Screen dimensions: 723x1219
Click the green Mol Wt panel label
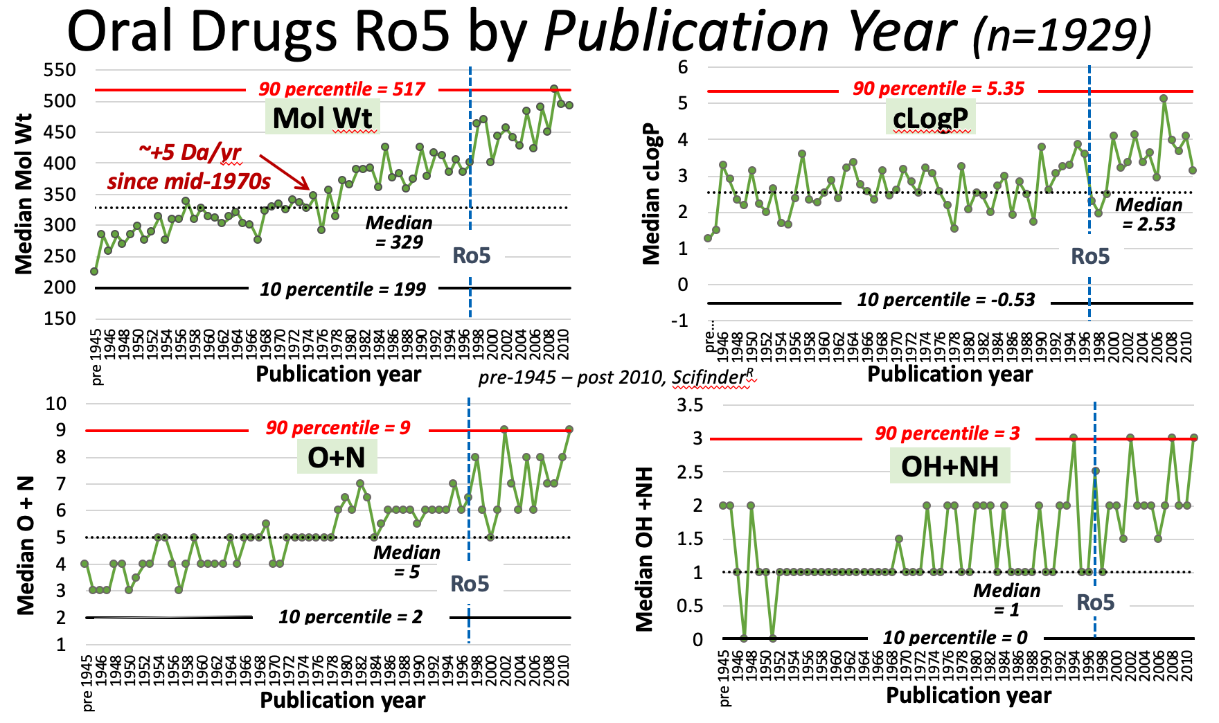tap(322, 118)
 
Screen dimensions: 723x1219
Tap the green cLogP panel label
tap(930, 118)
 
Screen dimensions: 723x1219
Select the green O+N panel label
tap(336, 457)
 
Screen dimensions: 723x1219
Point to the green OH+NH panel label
tap(950, 466)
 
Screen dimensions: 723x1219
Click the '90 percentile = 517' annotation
tap(342, 89)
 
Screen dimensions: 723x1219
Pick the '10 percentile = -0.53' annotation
tap(945, 300)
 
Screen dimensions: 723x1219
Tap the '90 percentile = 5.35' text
tap(938, 89)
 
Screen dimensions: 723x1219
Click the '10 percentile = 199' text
tap(342, 289)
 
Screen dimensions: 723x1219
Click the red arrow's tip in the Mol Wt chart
tap(309, 188)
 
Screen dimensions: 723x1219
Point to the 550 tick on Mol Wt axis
tap(60, 70)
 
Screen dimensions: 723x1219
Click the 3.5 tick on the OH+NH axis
tap(689, 405)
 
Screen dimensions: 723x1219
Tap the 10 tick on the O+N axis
tap(55, 404)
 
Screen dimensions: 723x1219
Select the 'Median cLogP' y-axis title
tap(652, 194)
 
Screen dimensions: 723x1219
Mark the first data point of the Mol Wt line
tap(94, 271)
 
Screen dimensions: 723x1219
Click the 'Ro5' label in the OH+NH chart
tap(1095, 602)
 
